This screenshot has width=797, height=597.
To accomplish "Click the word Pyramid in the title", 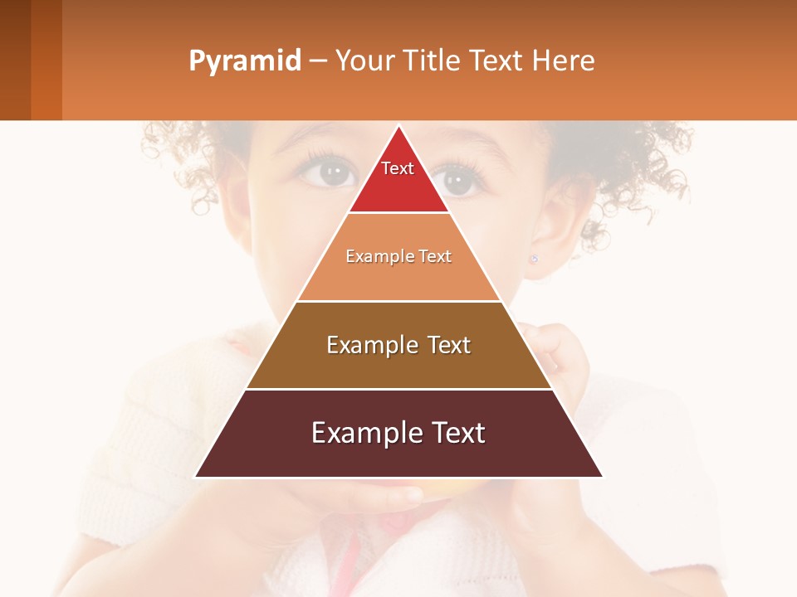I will point(244,61).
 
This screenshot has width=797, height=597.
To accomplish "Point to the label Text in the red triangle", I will point(398,168).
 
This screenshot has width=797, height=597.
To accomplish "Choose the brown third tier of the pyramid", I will point(398,365).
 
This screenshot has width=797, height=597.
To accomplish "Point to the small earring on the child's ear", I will point(534,259).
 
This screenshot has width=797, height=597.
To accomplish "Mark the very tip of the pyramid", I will point(398,127).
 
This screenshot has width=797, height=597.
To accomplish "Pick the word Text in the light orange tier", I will point(435,256).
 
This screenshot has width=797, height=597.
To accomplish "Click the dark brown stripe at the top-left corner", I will point(15,60).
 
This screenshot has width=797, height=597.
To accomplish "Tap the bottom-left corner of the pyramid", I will point(196,476).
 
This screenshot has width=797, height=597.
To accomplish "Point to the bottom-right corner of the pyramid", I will point(602,476).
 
